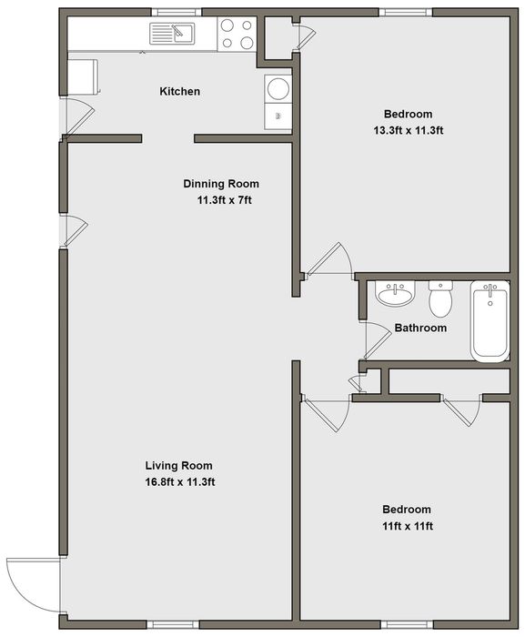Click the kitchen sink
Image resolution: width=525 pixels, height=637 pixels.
(172, 34)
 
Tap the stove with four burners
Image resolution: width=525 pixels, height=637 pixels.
(237, 34)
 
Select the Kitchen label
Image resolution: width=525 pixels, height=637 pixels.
(179, 91)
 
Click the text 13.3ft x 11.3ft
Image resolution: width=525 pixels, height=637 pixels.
(408, 130)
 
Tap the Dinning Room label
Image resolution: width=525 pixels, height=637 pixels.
(221, 184)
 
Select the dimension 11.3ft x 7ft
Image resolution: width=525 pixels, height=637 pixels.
(225, 200)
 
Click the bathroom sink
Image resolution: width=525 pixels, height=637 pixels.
(395, 293)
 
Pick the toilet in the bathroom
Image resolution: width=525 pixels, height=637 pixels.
(441, 299)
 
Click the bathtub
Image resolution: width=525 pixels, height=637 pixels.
(490, 320)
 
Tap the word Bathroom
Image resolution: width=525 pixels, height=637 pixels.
(420, 328)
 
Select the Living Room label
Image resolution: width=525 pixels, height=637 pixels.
(179, 466)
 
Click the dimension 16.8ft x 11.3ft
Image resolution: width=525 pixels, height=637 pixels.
(179, 482)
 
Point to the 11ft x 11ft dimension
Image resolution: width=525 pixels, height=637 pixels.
(407, 526)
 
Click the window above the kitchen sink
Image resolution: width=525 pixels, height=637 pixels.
(179, 12)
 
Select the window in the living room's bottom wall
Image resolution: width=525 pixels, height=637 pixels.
(173, 623)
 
